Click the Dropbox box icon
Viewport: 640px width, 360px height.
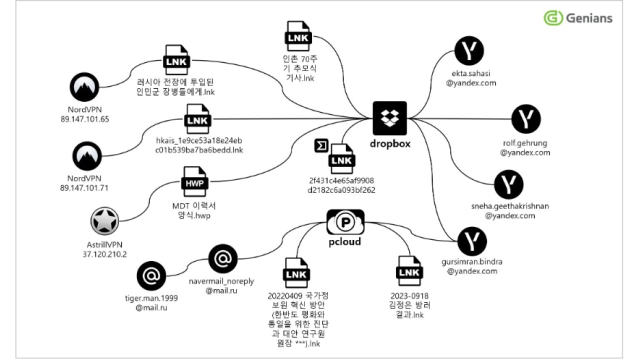coord(389,118)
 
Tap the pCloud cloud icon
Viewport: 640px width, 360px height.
coord(345,222)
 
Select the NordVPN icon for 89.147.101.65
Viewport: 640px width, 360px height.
coord(84,87)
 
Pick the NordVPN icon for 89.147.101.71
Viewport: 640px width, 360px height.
coord(87,156)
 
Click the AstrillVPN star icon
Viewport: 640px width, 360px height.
coord(104,221)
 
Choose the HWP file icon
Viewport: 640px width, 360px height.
coord(194,181)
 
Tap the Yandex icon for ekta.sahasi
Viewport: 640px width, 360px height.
coord(469,50)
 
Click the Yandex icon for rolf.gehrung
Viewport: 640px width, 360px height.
coord(526,119)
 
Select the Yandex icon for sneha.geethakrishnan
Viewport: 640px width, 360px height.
coord(509,184)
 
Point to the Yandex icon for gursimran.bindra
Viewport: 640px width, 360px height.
coord(472,241)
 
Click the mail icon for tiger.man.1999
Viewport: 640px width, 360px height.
coord(151,275)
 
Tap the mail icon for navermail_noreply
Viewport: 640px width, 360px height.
coord(223,259)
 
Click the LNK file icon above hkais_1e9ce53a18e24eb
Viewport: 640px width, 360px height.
coord(197,119)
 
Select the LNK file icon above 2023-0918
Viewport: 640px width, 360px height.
coord(409,271)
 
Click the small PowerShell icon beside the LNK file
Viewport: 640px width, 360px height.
coord(321,145)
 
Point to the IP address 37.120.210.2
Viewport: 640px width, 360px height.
coord(104,254)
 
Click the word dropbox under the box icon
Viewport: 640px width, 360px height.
coord(390,143)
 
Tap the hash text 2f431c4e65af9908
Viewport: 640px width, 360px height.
coord(341,180)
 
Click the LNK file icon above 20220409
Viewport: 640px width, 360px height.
coord(296,273)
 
